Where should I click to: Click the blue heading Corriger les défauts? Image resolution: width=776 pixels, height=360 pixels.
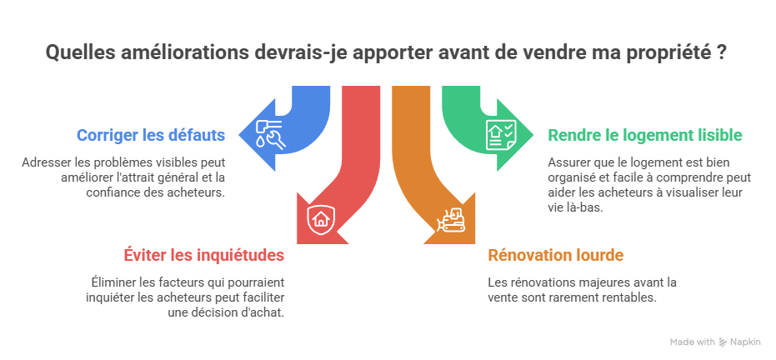coord(151,135)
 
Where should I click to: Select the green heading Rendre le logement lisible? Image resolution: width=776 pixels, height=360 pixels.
coord(645,135)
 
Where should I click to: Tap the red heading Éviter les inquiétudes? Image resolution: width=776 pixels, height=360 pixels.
coord(204,255)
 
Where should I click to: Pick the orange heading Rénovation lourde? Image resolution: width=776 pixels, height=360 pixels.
coord(556,255)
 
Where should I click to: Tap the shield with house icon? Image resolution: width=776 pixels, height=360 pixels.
coord(321,219)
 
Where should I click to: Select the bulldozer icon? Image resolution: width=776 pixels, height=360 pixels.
coord(450,220)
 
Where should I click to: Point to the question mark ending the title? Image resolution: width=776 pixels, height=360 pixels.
coord(721,52)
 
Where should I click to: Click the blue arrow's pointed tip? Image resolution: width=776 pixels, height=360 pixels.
coord(239,134)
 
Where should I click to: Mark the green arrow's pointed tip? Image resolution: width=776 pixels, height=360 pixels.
coord(533,134)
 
